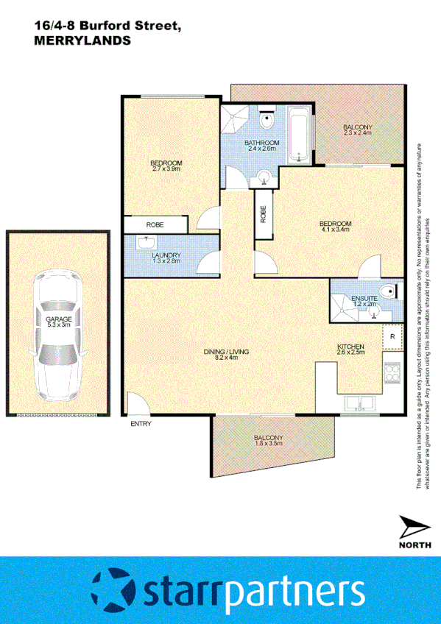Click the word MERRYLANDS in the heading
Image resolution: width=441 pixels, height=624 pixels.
(82, 42)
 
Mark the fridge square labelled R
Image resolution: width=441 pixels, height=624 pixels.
(392, 337)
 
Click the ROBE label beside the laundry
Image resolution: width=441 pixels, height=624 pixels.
(155, 224)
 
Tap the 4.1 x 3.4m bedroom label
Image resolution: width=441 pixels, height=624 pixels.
(335, 227)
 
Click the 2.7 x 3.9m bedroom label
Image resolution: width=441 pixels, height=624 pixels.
(166, 166)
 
